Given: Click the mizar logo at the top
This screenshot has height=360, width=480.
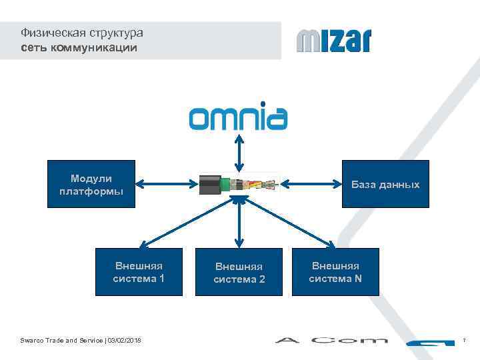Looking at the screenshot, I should point(333,41).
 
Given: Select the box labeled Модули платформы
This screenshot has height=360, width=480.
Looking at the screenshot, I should point(91,184).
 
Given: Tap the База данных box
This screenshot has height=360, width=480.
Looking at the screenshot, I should point(385,184).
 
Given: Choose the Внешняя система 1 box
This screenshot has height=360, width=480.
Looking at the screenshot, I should point(139,272).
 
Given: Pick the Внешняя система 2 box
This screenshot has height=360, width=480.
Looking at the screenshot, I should point(239,272).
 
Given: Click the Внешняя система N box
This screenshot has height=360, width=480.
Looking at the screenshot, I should point(335,272).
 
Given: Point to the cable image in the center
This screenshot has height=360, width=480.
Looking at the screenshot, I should point(238,183).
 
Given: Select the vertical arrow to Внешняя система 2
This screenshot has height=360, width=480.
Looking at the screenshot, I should point(238,223).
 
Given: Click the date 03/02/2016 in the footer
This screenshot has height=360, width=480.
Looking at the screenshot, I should point(124,341).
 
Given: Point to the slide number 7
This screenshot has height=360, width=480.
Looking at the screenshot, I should point(463,341).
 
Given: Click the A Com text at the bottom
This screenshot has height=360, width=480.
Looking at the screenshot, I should point(331,341).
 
